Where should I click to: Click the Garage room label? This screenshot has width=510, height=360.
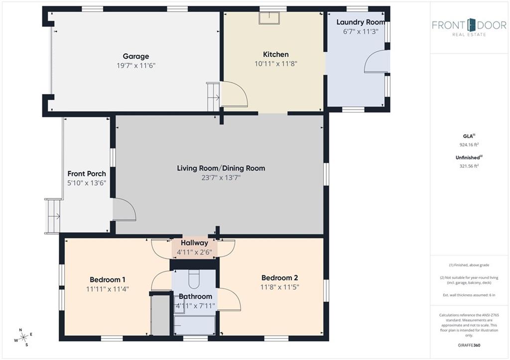coord(136,56)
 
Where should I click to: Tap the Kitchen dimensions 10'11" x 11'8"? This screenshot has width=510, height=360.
coord(276,64)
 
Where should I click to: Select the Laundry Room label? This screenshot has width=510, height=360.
coord(361,22)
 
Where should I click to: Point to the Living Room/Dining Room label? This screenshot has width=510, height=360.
coord(221,168)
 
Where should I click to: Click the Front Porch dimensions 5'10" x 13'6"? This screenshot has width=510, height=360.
coord(87,183)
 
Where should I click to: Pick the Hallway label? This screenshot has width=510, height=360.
coord(194,243)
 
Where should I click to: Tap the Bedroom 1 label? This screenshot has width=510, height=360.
coord(108,280)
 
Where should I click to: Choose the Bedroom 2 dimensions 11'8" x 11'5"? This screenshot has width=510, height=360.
coord(280,287)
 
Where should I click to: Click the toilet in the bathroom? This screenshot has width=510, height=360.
coord(194,279)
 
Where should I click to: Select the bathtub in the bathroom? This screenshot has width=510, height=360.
coord(194,325)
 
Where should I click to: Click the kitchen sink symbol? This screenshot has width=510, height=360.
coord(269,18)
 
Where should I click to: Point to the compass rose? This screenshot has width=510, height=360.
coord(23,337)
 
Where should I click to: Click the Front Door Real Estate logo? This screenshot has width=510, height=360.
coord(469,27)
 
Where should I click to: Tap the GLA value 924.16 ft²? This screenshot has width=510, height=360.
coord(469,145)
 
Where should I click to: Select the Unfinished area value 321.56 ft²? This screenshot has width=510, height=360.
coord(469,166)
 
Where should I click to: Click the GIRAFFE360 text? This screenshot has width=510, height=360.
coord(469,345)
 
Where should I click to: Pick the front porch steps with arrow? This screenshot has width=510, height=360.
coord(53,216)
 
